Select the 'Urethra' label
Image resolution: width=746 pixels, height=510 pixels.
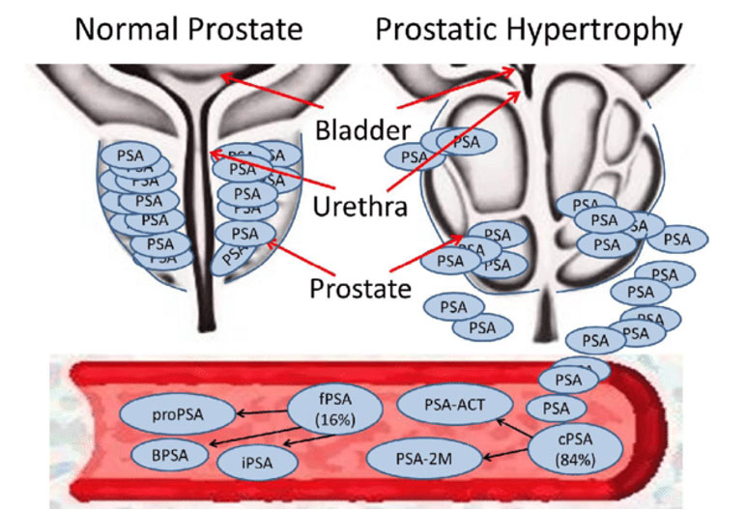pos(357,205)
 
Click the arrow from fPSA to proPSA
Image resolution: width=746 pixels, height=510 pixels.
pos(261,414)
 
